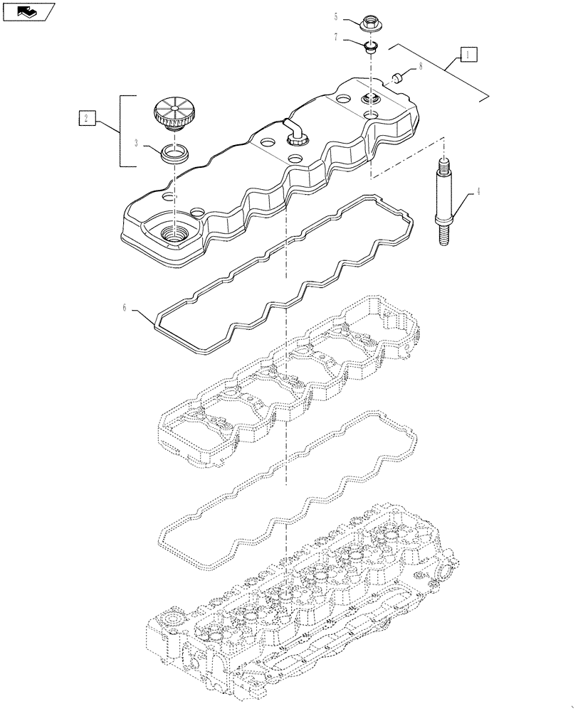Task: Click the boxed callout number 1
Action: tap(468, 53)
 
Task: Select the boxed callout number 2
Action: tap(86, 118)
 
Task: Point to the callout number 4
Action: tap(478, 191)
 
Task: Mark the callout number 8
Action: tap(420, 65)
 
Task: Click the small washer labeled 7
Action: tap(371, 48)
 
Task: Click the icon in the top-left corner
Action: tap(28, 11)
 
